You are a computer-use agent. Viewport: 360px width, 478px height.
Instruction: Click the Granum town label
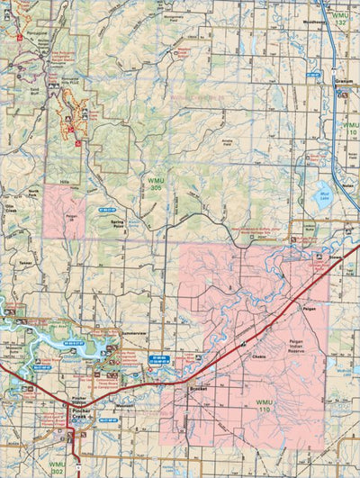click(x=341, y=81)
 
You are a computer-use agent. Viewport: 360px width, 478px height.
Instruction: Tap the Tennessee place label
click(x=24, y=263)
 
